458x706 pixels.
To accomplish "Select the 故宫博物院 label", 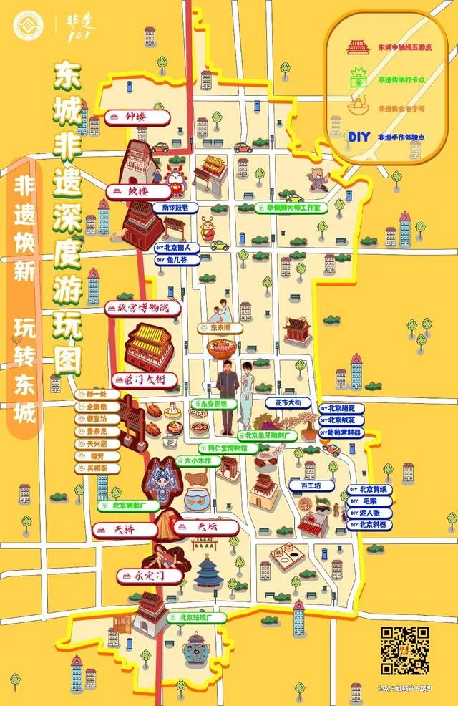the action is click(142, 309).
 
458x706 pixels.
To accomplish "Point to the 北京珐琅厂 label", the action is click(197, 617).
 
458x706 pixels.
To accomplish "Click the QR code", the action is click(404, 650).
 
